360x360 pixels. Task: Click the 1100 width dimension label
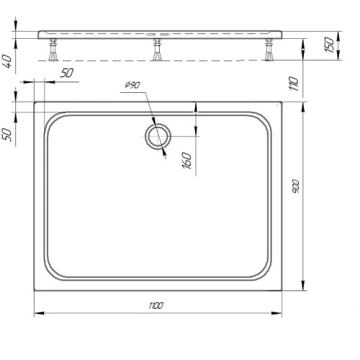pyautogui.click(x=156, y=305)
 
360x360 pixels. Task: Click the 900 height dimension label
pyautogui.click(x=296, y=186)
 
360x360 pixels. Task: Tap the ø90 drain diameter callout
pyautogui.click(x=132, y=85)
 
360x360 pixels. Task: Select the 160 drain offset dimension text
pyautogui.click(x=187, y=161)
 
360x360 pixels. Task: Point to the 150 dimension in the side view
pyautogui.click(x=329, y=45)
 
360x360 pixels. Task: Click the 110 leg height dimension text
pyautogui.click(x=294, y=84)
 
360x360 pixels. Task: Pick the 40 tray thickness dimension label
pyautogui.click(x=6, y=61)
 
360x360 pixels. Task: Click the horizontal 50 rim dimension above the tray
pyautogui.click(x=66, y=73)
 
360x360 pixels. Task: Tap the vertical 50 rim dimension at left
pyautogui.click(x=6, y=135)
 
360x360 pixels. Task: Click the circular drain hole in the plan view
pyautogui.click(x=146, y=136)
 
